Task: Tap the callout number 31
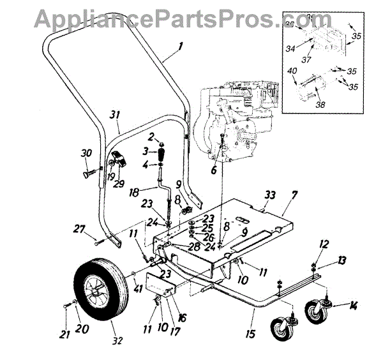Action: pyautogui.click(x=115, y=114)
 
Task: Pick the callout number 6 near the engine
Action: pyautogui.click(x=213, y=170)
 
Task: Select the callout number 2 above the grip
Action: pyautogui.click(x=151, y=138)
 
